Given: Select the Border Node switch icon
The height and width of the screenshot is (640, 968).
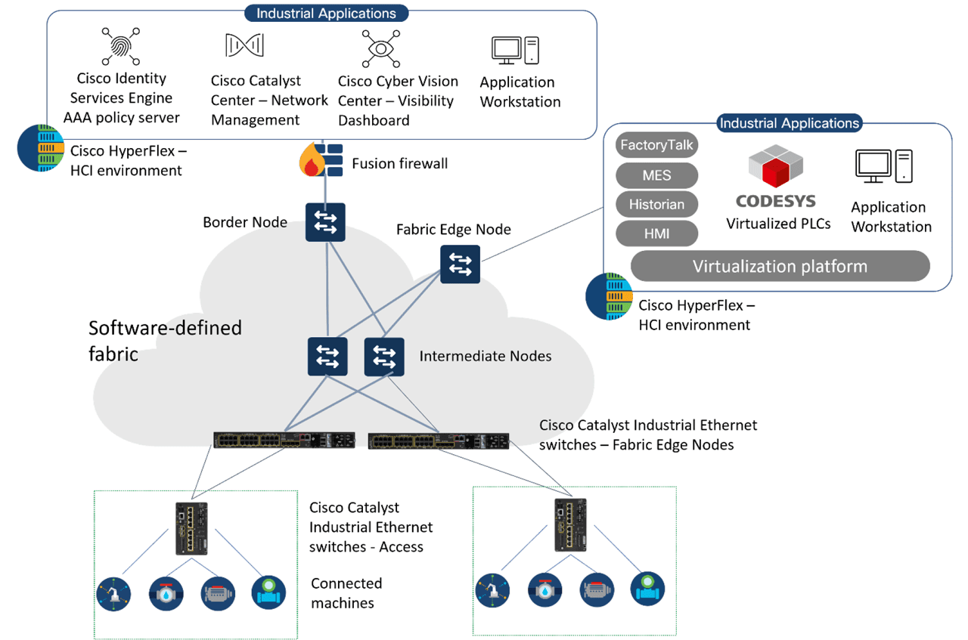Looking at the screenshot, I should pyautogui.click(x=325, y=222).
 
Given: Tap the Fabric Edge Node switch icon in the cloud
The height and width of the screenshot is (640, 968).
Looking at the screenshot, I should pyautogui.click(x=460, y=264).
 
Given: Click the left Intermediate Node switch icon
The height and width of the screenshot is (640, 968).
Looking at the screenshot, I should pyautogui.click(x=327, y=356).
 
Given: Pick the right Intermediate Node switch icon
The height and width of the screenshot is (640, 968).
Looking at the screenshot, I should pyautogui.click(x=384, y=356).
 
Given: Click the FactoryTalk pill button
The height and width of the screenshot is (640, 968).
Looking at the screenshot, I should pyautogui.click(x=656, y=145).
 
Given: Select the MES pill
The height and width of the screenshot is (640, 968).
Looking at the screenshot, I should pyautogui.click(x=656, y=175).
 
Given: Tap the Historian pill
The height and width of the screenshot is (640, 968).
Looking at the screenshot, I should pyautogui.click(x=656, y=205).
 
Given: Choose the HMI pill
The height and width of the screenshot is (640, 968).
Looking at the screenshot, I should pyautogui.click(x=656, y=234).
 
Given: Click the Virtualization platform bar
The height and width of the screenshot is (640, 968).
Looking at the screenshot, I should pyautogui.click(x=779, y=266).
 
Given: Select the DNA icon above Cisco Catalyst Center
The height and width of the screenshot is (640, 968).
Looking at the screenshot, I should pyautogui.click(x=244, y=45).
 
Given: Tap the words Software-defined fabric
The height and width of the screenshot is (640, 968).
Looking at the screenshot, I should pyautogui.click(x=165, y=340).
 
